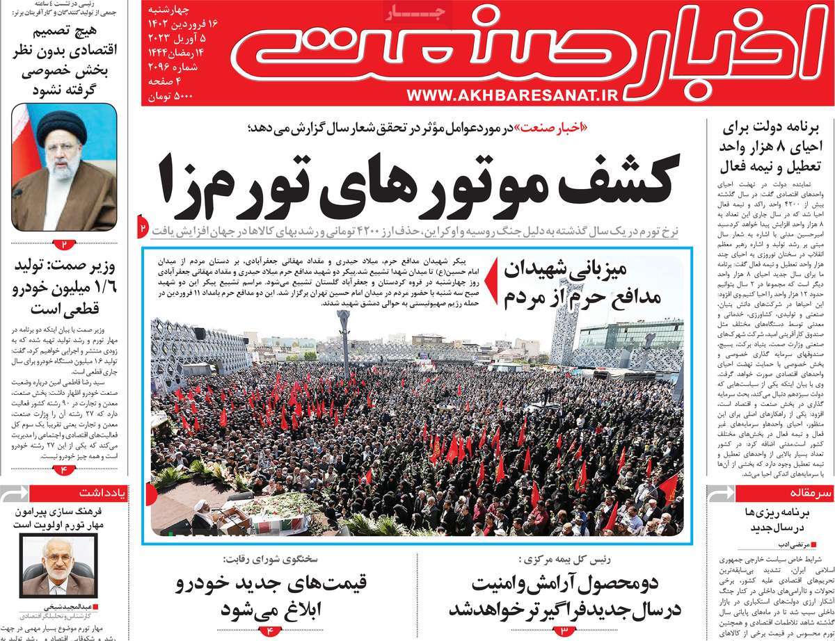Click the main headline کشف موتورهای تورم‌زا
pyautogui.click(x=417, y=184)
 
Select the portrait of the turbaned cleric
pyautogui.click(x=64, y=167)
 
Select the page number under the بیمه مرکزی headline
pyautogui.click(x=563, y=631)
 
